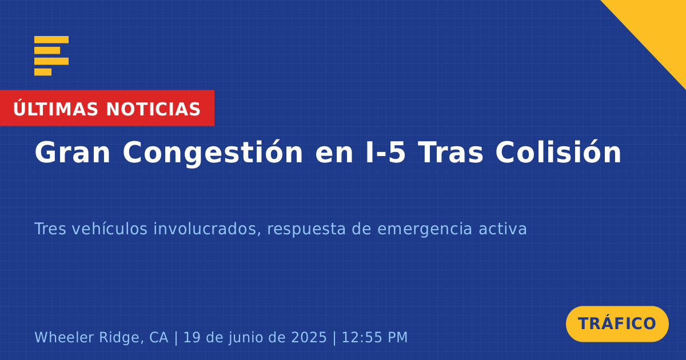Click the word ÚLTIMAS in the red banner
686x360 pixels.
click(x=55, y=108)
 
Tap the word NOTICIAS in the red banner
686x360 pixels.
click(x=153, y=109)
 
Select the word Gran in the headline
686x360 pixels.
click(x=72, y=153)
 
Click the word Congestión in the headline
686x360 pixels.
click(x=213, y=153)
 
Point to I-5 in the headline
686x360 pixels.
click(x=385, y=153)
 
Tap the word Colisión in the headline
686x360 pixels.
click(x=559, y=152)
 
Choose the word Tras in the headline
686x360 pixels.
click(x=450, y=153)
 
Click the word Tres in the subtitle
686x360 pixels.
click(x=50, y=229)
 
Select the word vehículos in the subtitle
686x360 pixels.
click(x=110, y=229)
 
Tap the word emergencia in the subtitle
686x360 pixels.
click(x=424, y=229)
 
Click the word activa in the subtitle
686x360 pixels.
click(x=502, y=229)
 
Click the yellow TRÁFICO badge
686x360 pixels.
click(x=617, y=324)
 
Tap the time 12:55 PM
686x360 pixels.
click(x=374, y=338)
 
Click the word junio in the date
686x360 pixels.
click(x=244, y=338)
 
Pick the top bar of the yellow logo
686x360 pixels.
click(x=51, y=39)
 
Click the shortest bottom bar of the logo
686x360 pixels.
click(x=43, y=72)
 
